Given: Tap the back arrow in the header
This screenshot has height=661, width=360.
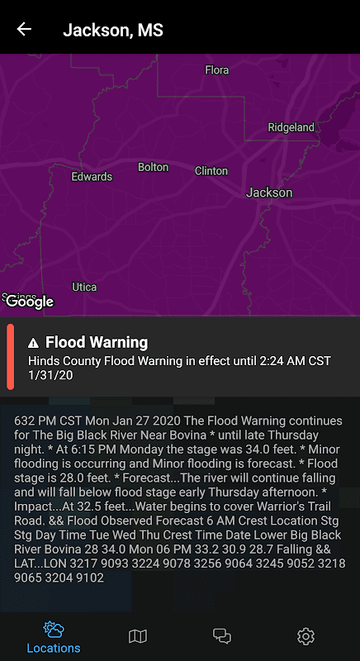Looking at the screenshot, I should coord(24,30).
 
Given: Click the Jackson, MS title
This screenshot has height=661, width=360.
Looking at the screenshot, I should coord(113,31).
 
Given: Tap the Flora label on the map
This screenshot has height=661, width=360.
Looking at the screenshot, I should coord(216,70).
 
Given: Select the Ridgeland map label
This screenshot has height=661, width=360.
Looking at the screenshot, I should coord(291,127).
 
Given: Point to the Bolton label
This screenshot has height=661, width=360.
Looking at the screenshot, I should coord(153,167).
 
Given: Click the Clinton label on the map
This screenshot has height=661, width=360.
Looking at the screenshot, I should coord(211,171).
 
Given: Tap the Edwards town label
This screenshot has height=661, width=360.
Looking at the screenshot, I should coord(92,177).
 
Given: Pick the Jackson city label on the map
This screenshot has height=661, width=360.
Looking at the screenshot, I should coord(269,193).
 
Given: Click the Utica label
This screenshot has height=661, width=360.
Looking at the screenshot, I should coord(84,288).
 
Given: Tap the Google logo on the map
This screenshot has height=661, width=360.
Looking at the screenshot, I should coord(30,302).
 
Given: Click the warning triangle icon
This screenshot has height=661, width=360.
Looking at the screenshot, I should coord(34,343).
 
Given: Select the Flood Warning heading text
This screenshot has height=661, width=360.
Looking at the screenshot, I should coord(97,342).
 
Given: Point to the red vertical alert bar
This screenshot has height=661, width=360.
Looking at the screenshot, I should coord(11,357).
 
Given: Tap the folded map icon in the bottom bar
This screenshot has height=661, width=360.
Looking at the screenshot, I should coord(138,635).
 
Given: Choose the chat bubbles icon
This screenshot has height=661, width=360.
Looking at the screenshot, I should coord(222,635).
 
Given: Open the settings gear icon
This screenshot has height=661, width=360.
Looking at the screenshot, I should coord(306,635).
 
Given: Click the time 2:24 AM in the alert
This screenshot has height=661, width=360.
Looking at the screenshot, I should coord(263,360).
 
